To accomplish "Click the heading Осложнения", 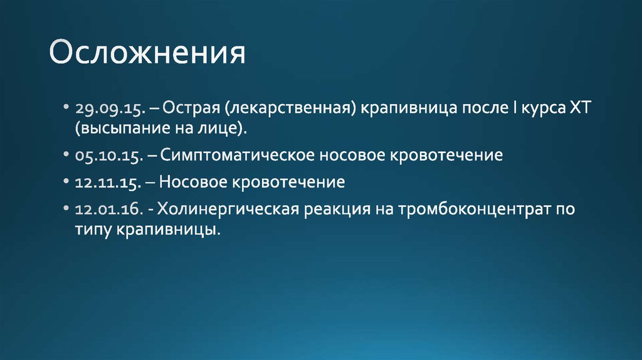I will click(x=147, y=54).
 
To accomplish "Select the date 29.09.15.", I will click(x=110, y=109).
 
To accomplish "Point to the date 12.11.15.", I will click(x=109, y=183).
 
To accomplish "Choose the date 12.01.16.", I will click(x=110, y=210).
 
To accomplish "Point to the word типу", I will click(x=93, y=230).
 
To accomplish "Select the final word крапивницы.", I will click(x=169, y=230).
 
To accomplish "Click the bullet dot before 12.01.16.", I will click(x=66, y=209).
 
